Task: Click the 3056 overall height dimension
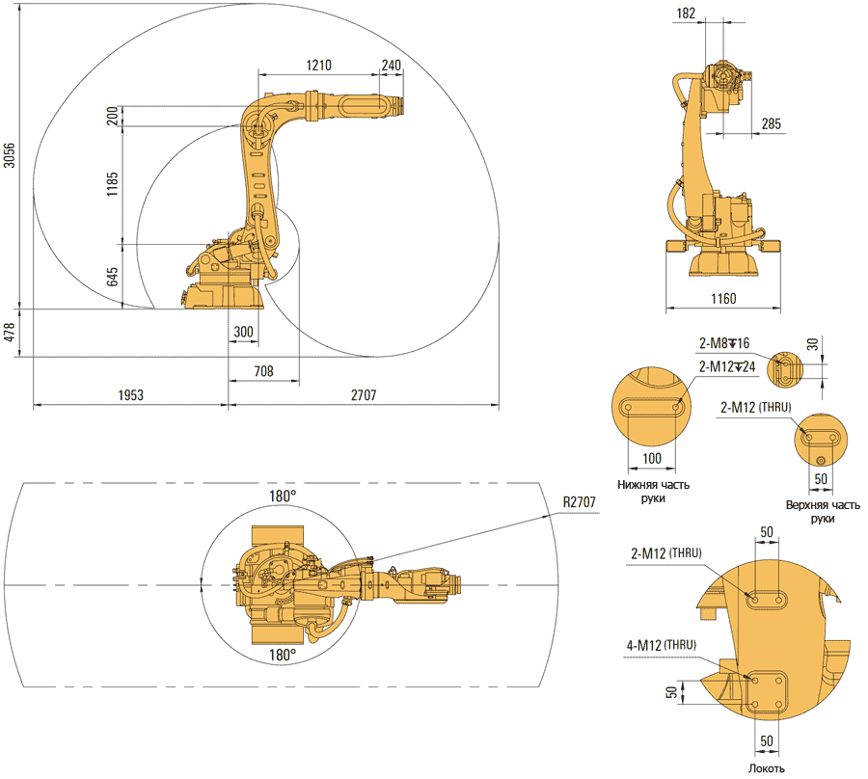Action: (x=10, y=155)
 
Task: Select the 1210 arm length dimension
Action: (x=319, y=66)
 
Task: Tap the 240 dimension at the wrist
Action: (x=391, y=66)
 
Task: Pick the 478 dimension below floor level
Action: (x=10, y=333)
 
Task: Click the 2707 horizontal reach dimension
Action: (x=364, y=395)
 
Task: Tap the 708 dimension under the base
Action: (x=263, y=370)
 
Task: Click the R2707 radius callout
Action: (x=583, y=501)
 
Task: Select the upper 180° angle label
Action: (x=282, y=495)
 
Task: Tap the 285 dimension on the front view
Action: (x=772, y=123)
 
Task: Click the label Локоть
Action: (x=767, y=767)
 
